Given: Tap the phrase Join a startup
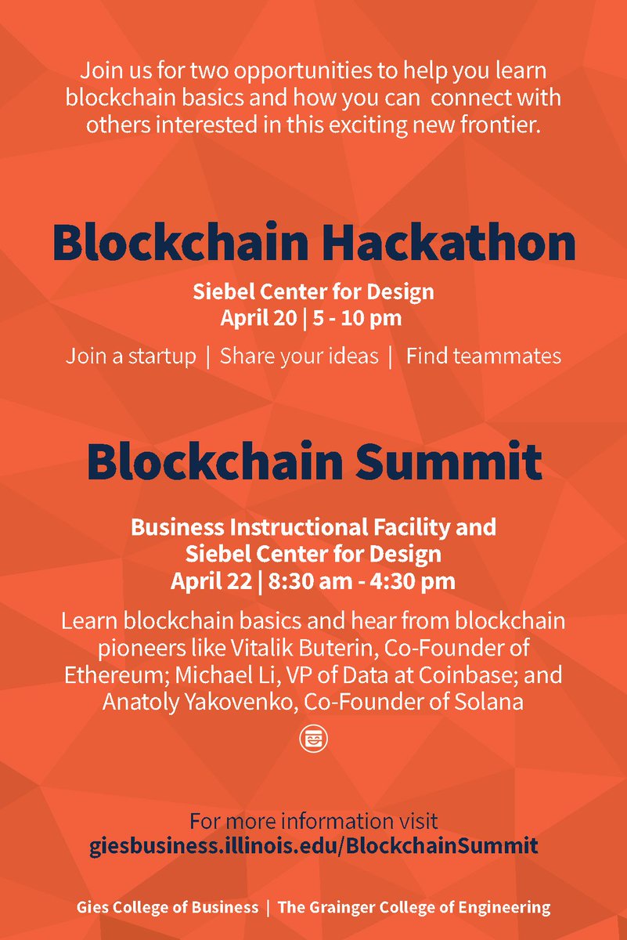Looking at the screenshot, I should [x=131, y=356].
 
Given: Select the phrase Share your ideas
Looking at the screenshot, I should [x=299, y=356].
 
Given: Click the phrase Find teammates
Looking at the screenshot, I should [x=483, y=356].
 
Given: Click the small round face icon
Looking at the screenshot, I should [x=313, y=739].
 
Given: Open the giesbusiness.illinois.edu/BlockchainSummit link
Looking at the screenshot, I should [x=314, y=846].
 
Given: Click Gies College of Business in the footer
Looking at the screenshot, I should [x=168, y=908].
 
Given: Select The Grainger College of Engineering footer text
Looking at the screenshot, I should [x=414, y=908].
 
